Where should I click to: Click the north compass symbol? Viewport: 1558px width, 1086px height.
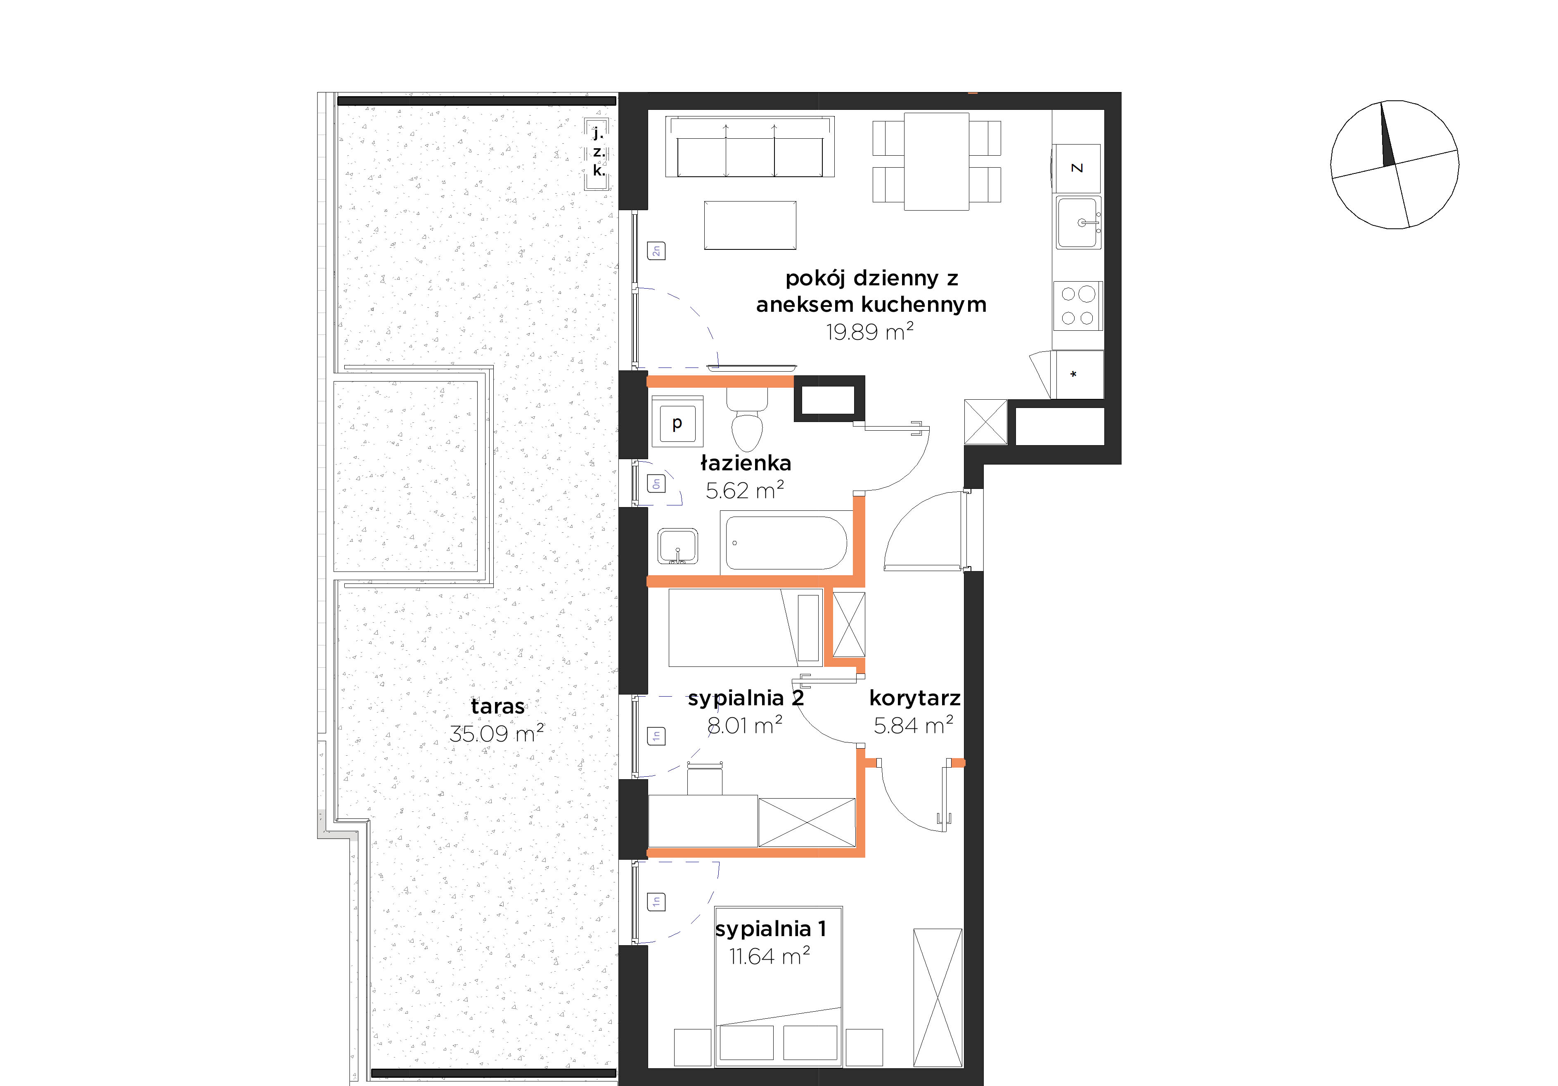coord(1395,165)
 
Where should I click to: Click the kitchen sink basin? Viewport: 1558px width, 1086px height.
coord(1077,223)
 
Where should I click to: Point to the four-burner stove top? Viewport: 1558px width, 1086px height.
coord(1077,306)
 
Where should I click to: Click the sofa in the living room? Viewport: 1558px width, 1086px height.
coord(750,147)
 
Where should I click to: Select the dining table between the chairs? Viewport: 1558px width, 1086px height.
coord(936,161)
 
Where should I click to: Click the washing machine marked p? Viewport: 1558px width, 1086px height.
coord(677,422)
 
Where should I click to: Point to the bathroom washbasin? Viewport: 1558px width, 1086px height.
coord(677,546)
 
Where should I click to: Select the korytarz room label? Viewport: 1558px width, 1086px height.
coord(915,698)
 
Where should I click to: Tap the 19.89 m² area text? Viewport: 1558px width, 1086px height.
coord(869,332)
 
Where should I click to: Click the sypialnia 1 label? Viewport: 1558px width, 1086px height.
coord(771,929)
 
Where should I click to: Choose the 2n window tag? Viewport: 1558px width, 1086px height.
coord(656,251)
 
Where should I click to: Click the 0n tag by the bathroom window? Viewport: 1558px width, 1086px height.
coord(656,483)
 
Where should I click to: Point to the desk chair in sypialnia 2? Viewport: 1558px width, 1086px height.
coord(704,778)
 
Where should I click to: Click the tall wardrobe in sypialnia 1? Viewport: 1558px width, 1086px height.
coord(938,997)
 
